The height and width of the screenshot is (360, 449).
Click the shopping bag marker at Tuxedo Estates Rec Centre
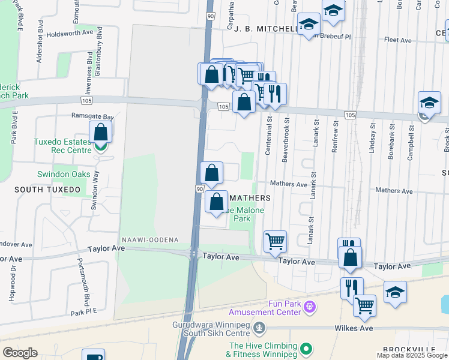101,133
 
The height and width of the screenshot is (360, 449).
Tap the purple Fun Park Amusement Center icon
309,307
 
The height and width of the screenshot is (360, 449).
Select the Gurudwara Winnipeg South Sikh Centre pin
259,328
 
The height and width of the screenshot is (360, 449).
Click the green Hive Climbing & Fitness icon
306,348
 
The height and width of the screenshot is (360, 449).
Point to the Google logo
20,353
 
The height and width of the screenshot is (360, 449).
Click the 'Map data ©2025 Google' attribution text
412,355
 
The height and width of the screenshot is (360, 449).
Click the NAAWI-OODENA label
149,239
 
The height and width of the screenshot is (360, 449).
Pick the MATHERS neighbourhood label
250,197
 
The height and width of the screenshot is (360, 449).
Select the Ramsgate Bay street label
92,116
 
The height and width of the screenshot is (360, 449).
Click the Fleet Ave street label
397,40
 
